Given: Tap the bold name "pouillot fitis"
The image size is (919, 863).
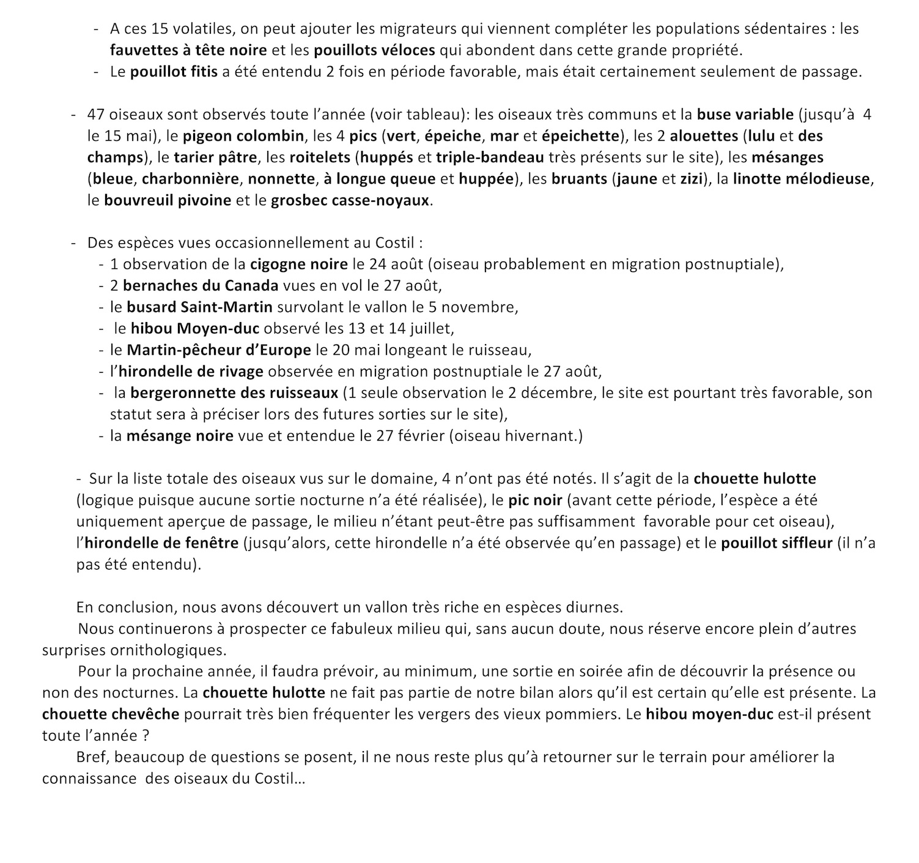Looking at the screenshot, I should tap(174, 72).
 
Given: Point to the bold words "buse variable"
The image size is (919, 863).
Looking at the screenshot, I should tap(745, 114).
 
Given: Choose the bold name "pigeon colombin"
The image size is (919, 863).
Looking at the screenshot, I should tap(243, 136).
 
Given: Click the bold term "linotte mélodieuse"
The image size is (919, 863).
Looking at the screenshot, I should tap(803, 179).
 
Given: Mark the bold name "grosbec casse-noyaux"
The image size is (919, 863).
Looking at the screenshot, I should tap(350, 200).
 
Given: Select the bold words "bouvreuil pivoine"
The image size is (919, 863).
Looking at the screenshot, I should tap(168, 200).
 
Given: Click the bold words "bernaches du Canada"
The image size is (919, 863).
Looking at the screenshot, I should tap(201, 286).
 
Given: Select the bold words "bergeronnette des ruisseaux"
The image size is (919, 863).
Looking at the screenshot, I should tap(234, 393).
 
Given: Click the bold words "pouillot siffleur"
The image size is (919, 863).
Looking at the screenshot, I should tap(777, 543).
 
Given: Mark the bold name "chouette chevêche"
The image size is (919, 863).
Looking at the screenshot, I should tap(111, 714).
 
